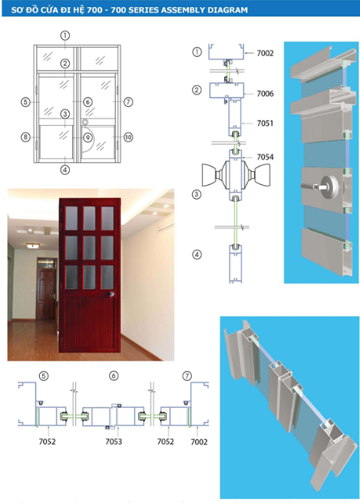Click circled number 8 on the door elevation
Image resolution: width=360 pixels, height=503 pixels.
[25, 137]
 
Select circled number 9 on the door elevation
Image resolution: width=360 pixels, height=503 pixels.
[88, 138]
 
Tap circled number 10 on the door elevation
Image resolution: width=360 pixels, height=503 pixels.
[127, 137]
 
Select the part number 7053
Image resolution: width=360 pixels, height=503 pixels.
[113, 442]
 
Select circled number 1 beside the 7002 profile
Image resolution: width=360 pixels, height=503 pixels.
[197, 52]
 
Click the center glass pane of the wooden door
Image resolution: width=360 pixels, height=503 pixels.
[89, 247]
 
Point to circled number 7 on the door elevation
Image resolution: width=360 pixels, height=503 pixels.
[127, 101]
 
